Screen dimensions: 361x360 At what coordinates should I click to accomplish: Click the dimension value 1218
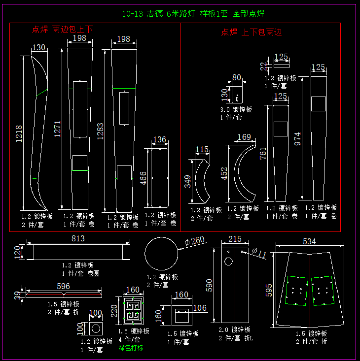[x=19, y=133]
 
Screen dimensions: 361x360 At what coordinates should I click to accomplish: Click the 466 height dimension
[x=144, y=178]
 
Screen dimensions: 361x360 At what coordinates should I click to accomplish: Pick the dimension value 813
[x=78, y=238]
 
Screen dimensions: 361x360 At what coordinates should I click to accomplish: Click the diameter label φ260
[x=194, y=241]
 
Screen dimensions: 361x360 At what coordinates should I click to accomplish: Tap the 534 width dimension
[x=309, y=241]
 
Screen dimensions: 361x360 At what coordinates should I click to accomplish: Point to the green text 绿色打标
[x=131, y=348]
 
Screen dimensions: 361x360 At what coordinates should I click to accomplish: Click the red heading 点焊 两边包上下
[x=62, y=30]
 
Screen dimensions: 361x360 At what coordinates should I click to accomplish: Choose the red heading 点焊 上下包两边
[x=252, y=33]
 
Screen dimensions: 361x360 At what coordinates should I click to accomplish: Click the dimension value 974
[x=297, y=138]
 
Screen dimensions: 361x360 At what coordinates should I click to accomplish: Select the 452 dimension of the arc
[x=224, y=174]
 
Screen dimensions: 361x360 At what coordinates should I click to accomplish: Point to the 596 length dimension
[x=64, y=286]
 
